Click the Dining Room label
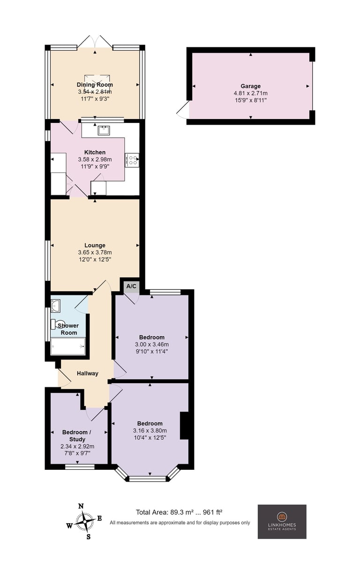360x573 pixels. point(95,85)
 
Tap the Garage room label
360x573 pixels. point(251,86)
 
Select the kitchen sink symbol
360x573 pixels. point(104,130)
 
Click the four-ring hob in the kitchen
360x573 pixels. point(132,160)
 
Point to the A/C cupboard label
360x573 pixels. point(131,286)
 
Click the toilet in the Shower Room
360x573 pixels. point(57,324)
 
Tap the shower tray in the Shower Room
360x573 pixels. point(68,346)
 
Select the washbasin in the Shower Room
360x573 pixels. point(55,306)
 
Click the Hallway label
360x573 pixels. point(88,373)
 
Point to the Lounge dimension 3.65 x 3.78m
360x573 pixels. point(95,252)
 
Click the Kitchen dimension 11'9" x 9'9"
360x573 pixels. point(95,166)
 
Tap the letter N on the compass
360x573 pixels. point(81,506)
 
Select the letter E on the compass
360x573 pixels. point(100,518)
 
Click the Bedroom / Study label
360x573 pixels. point(77,436)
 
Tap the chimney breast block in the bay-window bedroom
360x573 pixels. point(184,426)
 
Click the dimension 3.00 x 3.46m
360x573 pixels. point(152,345)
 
